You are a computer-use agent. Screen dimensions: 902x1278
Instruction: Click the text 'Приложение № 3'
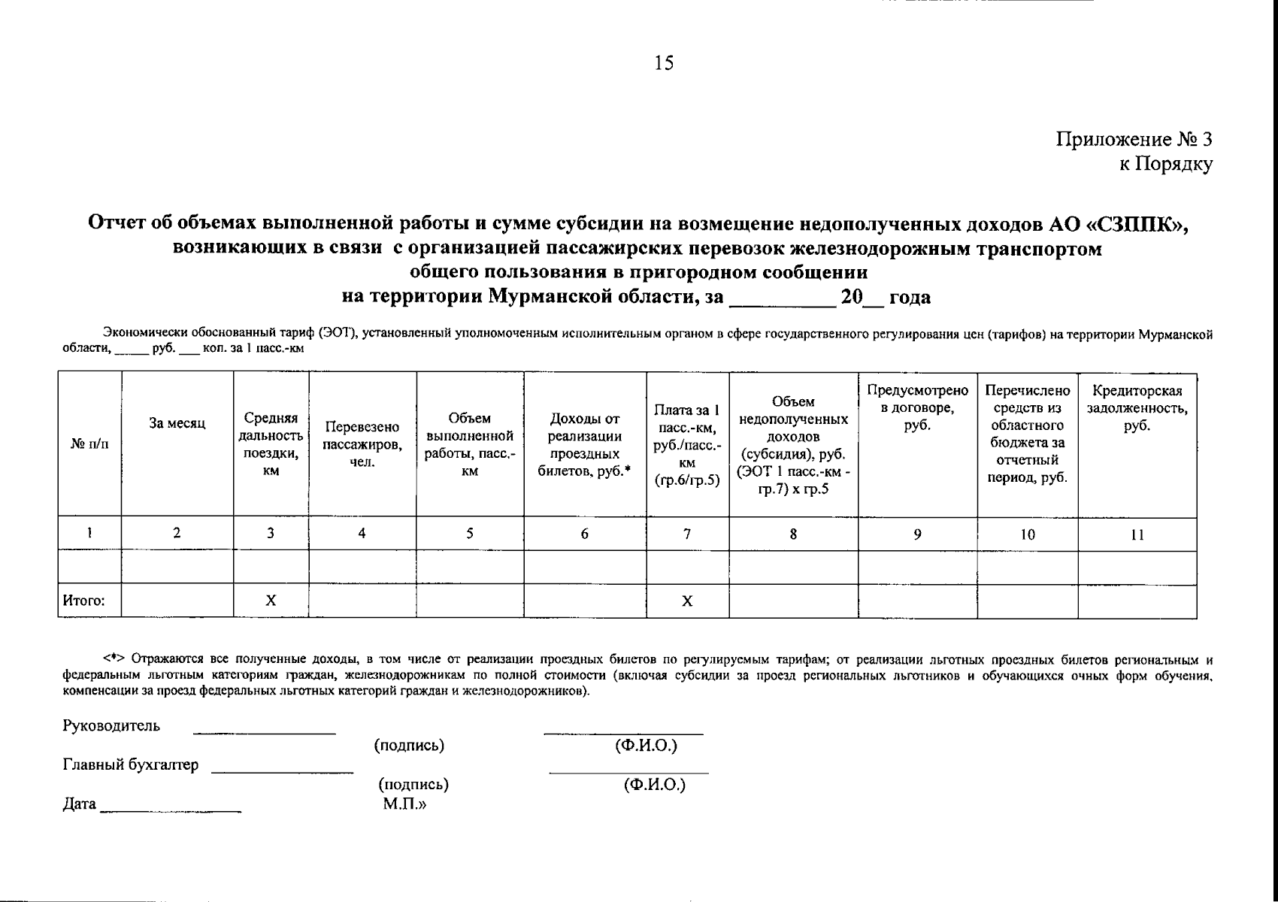pyautogui.click(x=1134, y=140)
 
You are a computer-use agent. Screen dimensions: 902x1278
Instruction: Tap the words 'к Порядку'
pyautogui.click(x=1165, y=165)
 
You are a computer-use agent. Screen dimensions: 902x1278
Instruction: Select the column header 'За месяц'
pyautogui.click(x=177, y=424)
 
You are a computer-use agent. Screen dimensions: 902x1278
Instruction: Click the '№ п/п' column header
pyautogui.click(x=89, y=444)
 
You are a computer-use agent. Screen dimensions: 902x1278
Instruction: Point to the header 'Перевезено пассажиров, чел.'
pyautogui.click(x=362, y=444)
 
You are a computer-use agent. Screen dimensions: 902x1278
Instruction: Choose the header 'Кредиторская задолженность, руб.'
pyautogui.click(x=1137, y=408)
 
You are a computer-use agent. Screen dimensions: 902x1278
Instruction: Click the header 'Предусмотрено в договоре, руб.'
pyautogui.click(x=917, y=407)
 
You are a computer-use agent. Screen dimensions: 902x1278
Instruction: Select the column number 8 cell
pyautogui.click(x=793, y=534)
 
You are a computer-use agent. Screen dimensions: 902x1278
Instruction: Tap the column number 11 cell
pyautogui.click(x=1137, y=535)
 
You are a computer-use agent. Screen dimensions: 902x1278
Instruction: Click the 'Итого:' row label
pyautogui.click(x=83, y=601)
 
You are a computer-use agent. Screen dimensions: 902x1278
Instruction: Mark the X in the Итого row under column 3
pyautogui.click(x=271, y=601)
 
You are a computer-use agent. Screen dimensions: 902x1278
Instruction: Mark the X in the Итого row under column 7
pyautogui.click(x=687, y=601)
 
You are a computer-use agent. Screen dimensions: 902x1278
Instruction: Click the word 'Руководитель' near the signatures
pyautogui.click(x=111, y=726)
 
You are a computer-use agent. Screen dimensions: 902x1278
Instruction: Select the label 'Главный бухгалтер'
pyautogui.click(x=131, y=765)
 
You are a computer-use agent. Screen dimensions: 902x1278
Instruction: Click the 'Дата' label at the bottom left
pyautogui.click(x=80, y=804)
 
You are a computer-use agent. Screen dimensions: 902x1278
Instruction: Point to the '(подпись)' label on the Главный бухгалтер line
pyautogui.click(x=413, y=785)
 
